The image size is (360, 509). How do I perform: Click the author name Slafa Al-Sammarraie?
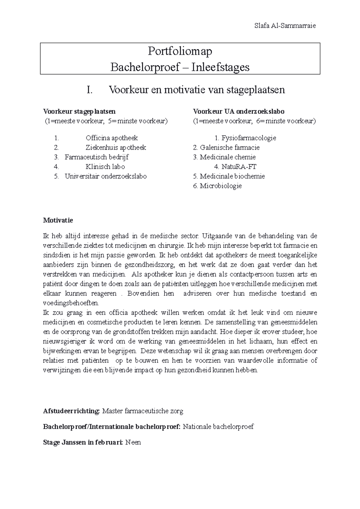(285, 26)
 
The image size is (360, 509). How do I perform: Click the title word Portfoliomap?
(180, 51)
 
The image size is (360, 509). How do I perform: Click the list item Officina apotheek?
(112, 138)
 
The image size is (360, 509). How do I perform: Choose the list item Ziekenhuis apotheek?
(116, 147)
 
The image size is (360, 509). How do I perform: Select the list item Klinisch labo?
(105, 167)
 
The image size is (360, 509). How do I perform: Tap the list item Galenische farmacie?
(229, 147)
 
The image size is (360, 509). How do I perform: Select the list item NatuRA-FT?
(239, 167)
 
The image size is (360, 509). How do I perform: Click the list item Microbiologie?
(220, 186)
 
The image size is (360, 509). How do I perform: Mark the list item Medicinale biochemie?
(232, 176)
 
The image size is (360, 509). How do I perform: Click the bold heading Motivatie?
(58, 220)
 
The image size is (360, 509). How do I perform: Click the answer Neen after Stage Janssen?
(133, 442)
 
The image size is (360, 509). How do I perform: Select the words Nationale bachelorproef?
(218, 427)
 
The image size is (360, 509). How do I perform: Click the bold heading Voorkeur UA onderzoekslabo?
(239, 112)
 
